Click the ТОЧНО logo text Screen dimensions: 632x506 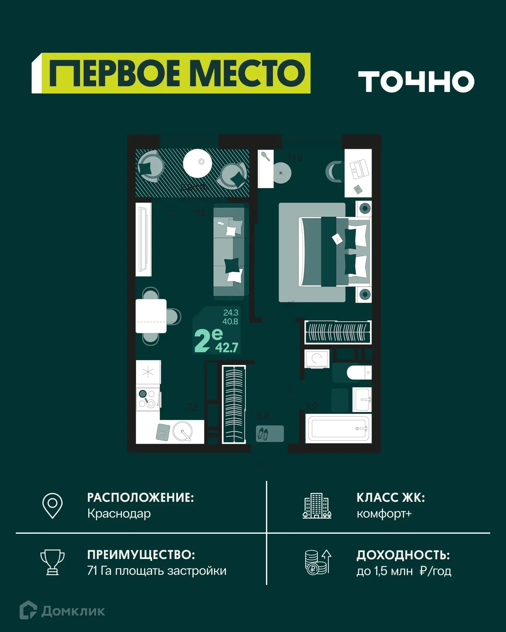click(x=416, y=82)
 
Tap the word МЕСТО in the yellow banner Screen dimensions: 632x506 click(x=249, y=73)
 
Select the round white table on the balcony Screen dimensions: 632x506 click(x=198, y=163)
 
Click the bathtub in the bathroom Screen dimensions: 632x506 click(x=338, y=428)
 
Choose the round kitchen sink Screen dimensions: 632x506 click(x=183, y=431)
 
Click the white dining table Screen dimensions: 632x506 click(x=151, y=316)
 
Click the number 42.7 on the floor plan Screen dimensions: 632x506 click(x=226, y=348)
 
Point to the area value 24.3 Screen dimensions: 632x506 click(x=231, y=313)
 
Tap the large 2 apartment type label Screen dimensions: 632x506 click(x=202, y=341)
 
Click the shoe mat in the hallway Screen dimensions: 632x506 click(x=269, y=433)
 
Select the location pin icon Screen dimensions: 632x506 click(x=52, y=505)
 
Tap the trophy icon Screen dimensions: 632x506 click(x=52, y=562)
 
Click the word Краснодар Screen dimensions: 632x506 click(x=119, y=513)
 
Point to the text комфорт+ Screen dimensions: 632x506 click(x=384, y=513)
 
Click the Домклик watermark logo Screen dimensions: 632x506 click(x=62, y=611)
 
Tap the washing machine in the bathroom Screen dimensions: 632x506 click(x=317, y=359)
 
